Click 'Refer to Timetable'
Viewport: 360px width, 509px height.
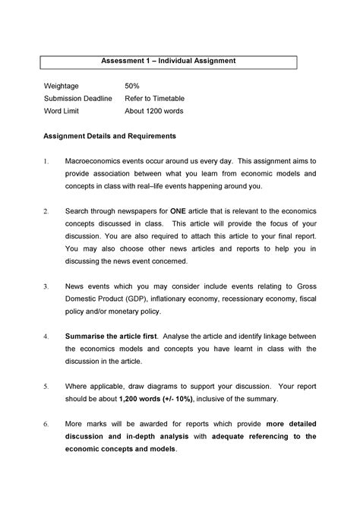pyautogui.click(x=154, y=99)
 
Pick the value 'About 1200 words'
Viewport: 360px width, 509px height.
pyautogui.click(x=153, y=111)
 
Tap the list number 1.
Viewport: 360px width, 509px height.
pyautogui.click(x=46, y=161)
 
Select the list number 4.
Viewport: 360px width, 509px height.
pyautogui.click(x=46, y=336)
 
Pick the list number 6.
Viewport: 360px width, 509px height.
pyautogui.click(x=46, y=423)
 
